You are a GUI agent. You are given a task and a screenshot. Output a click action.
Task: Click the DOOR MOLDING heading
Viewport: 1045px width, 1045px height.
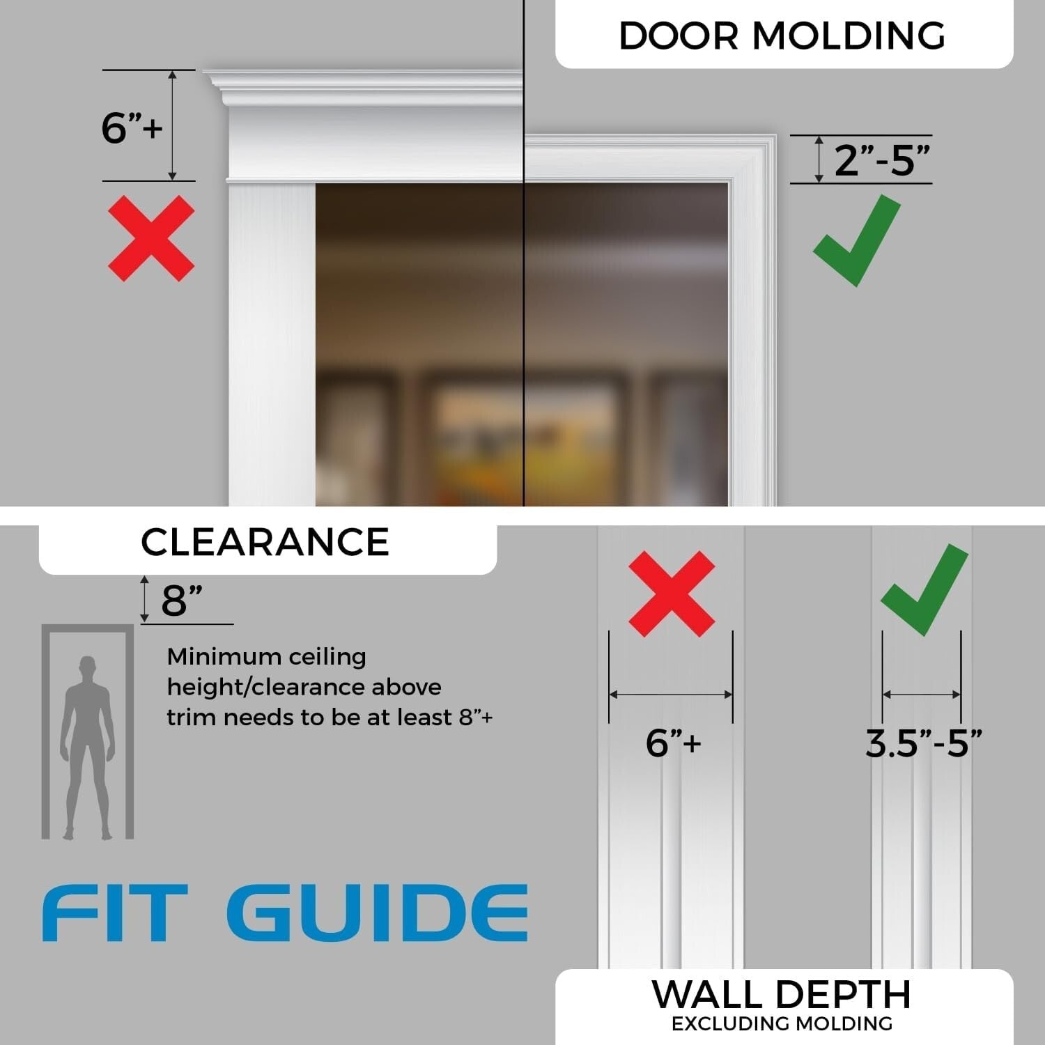pos(782,36)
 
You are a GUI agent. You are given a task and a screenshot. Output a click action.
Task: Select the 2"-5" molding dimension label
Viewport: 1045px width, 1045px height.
pos(882,160)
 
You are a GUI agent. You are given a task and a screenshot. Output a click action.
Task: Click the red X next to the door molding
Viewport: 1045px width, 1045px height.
pos(151,238)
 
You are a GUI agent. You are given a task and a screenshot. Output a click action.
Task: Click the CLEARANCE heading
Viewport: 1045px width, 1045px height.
pos(265,542)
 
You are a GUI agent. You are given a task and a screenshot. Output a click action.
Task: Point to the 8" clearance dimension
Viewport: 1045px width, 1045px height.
pos(182,601)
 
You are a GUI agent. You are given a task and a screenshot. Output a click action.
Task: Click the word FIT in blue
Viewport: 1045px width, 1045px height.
pos(115,913)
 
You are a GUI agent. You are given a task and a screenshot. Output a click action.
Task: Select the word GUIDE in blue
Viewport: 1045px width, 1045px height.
pos(377,913)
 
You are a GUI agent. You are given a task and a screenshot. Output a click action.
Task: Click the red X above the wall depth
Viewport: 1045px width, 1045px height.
pos(672,594)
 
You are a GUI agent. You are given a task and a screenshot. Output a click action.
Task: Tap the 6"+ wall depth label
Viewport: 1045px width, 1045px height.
pos(673,743)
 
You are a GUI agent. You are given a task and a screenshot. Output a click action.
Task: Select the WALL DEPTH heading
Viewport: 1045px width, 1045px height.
pos(782,994)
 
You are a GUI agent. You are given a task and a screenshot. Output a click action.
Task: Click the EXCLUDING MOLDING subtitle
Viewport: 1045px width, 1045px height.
pos(782,1023)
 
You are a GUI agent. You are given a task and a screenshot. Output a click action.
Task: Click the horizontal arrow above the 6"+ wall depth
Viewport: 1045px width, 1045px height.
pos(671,694)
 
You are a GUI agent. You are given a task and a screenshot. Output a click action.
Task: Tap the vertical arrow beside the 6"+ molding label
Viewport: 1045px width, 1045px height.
pos(173,125)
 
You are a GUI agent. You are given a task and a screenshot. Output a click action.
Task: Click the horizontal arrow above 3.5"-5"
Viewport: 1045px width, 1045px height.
pos(922,694)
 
